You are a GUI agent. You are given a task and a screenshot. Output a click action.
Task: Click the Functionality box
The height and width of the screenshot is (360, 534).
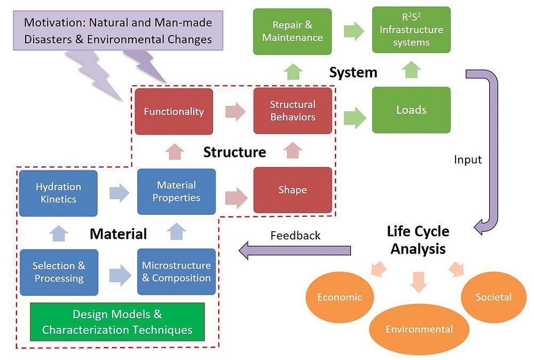[174, 111]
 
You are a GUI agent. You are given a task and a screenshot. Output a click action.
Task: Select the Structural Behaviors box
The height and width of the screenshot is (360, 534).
[293, 111]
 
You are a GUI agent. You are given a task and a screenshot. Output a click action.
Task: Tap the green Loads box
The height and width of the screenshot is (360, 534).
[411, 109]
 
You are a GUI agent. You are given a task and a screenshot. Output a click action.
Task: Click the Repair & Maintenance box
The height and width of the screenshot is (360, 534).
[292, 31]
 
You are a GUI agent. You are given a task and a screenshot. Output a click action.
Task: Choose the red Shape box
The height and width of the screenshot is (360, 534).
[293, 190]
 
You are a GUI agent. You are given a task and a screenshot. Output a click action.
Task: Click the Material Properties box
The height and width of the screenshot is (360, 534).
[176, 191]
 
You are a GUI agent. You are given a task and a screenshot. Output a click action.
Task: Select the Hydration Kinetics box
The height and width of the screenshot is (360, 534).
[58, 193]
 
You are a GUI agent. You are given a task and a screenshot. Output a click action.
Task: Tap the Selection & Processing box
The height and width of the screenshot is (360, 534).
[59, 272]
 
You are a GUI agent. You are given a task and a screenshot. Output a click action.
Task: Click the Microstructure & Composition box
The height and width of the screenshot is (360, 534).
[176, 271]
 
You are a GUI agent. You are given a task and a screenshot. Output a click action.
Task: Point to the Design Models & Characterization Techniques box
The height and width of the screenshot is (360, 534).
[117, 322]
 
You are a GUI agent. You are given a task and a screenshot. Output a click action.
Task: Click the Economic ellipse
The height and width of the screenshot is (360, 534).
[340, 297]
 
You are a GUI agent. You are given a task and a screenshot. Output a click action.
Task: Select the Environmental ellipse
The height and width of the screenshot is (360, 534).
[420, 328]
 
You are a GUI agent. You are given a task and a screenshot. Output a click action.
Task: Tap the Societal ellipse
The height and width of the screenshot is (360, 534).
[493, 296]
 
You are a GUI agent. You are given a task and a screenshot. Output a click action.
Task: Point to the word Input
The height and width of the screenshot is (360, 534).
[468, 159]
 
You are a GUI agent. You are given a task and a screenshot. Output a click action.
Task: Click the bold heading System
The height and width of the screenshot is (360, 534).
[353, 72]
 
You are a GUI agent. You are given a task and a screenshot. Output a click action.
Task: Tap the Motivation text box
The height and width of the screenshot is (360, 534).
[118, 31]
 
